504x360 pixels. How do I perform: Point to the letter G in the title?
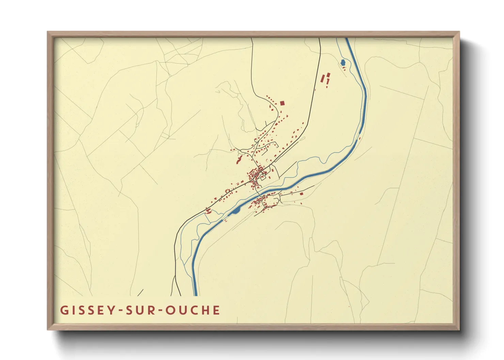tap(64, 310)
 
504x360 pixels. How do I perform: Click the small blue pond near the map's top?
tap(343, 62)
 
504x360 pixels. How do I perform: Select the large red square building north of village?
tap(282, 103)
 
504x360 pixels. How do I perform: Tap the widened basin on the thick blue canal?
tap(235, 212)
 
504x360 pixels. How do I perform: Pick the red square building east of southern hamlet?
tap(301, 194)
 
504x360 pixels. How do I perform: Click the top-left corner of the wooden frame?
tap(48, 32)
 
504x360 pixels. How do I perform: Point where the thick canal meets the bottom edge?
tap(195, 295)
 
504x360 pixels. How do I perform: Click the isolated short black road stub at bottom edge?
tap(140, 293)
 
